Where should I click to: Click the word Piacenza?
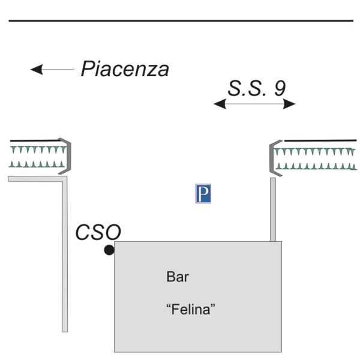coord(125,69)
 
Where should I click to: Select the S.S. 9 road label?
coord(256,88)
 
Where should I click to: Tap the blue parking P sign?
coord(203,194)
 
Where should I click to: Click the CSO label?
coord(98,232)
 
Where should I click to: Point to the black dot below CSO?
coord(109,250)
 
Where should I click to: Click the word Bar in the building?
coord(173,278)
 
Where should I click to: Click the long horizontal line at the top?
coord(180,21)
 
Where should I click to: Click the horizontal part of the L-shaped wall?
coord(36,178)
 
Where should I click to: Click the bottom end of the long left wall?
coord(65,328)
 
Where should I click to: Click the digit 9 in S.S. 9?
coord(279,88)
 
